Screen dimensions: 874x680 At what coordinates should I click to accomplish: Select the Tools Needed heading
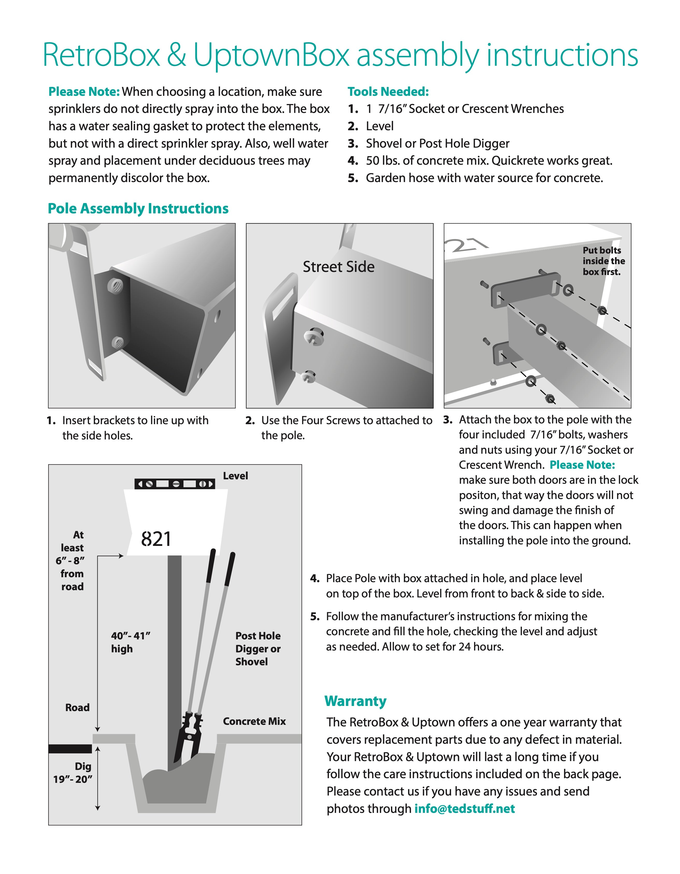pyautogui.click(x=388, y=92)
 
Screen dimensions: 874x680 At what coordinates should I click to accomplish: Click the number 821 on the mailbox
pyautogui.click(x=156, y=539)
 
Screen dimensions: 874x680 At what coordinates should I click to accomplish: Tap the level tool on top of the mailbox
pyautogui.click(x=175, y=484)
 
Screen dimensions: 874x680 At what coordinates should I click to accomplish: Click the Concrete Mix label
pyautogui.click(x=254, y=721)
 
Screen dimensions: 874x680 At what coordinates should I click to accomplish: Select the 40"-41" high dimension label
pyautogui.click(x=131, y=642)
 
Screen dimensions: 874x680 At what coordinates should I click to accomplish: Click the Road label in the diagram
pyautogui.click(x=77, y=707)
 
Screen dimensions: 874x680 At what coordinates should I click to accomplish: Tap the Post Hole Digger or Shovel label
pyautogui.click(x=258, y=649)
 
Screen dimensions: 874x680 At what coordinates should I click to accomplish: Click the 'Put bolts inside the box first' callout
pyautogui.click(x=603, y=261)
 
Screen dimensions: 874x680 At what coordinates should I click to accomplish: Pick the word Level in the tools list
pyautogui.click(x=380, y=126)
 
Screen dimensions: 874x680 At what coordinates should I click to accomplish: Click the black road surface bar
pyautogui.click(x=70, y=749)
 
